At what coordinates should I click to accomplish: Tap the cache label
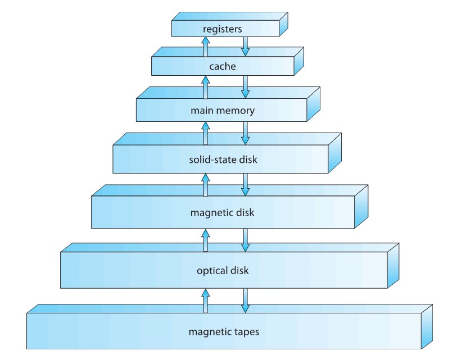pyautogui.click(x=223, y=67)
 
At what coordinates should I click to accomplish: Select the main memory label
pyautogui.click(x=223, y=111)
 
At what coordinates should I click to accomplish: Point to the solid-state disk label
pyautogui.click(x=223, y=160)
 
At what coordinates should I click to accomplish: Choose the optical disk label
pyautogui.click(x=223, y=271)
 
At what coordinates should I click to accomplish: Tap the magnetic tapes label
pyautogui.click(x=224, y=331)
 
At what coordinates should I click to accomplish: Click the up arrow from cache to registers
pyautogui.click(x=205, y=47)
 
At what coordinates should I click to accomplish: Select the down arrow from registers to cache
pyautogui.click(x=245, y=46)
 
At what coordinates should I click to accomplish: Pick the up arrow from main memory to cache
pyautogui.click(x=205, y=88)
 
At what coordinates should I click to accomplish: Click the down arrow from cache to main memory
pyautogui.click(x=245, y=87)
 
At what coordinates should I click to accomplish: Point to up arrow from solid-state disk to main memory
pyautogui.click(x=205, y=134)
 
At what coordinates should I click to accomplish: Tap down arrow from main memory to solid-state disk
pyautogui.click(x=245, y=134)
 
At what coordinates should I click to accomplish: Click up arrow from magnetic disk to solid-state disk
pyautogui.click(x=205, y=185)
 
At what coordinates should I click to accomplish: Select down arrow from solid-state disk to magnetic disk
pyautogui.click(x=245, y=185)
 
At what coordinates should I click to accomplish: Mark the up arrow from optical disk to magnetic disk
pyautogui.click(x=205, y=240)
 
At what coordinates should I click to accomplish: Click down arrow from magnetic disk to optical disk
pyautogui.click(x=245, y=240)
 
